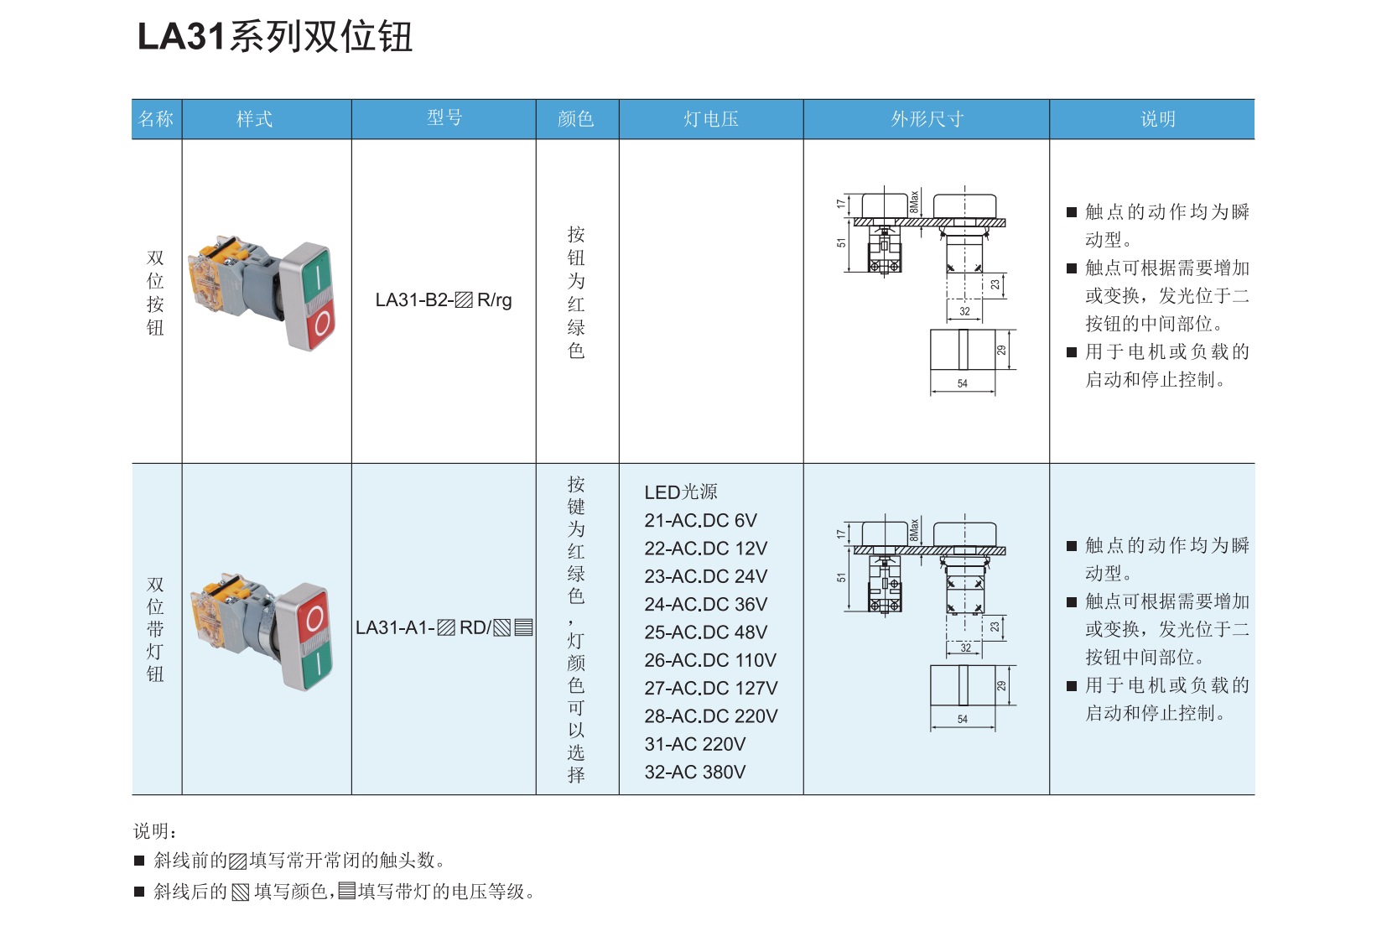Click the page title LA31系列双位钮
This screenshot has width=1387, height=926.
pos(275,37)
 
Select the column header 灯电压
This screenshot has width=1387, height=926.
pos(711,119)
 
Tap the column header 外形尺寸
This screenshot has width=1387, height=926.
pos(927,119)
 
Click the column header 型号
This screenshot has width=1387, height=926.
pos(444,118)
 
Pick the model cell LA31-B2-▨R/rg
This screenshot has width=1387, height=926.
pos(444,300)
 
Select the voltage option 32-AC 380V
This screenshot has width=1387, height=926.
pos(694,772)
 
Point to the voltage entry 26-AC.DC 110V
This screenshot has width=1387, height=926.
pos(710,660)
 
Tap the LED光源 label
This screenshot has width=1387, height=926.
pos(680,492)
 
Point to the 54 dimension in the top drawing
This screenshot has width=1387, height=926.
pos(963,384)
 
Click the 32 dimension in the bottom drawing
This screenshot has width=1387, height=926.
pos(965,648)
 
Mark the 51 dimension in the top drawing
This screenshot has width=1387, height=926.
pos(841,243)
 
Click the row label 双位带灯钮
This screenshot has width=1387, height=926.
pos(156,629)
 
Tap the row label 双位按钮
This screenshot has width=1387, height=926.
pos(156,293)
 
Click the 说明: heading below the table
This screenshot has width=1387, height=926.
pos(155,831)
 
